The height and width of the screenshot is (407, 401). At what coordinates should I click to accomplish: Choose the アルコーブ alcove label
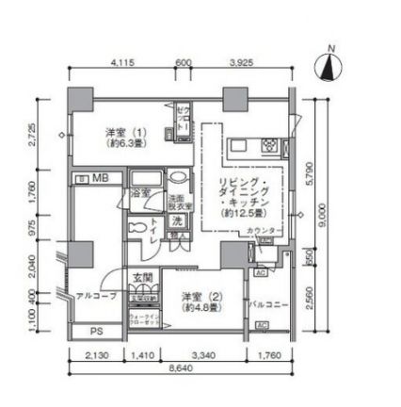coord(96,295)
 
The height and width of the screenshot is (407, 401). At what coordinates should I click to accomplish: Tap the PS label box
coord(96,332)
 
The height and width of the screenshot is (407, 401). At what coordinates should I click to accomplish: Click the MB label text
coord(100,177)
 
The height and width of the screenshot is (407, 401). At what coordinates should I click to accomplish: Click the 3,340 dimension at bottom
coord(200,355)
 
